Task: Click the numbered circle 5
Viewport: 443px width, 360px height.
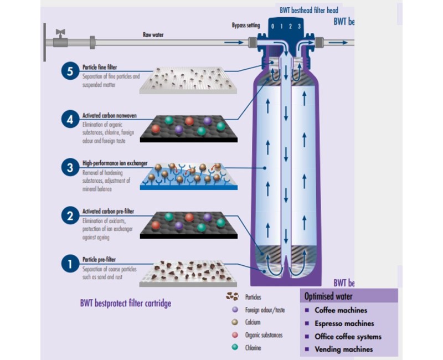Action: coord(70,73)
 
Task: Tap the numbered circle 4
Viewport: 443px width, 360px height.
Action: coord(70,119)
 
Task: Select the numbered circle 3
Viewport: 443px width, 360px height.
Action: coord(70,168)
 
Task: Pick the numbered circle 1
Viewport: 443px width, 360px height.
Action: coord(70,264)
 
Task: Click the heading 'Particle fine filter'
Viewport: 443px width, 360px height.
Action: coord(100,68)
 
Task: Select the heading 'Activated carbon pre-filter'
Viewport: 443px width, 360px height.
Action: coord(108,212)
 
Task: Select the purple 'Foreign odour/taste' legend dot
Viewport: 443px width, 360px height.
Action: coord(235,310)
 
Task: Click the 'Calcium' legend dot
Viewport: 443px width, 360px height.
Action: coord(235,322)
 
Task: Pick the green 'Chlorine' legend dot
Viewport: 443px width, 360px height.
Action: coord(235,348)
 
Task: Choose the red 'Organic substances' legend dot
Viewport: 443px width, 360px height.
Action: coord(235,335)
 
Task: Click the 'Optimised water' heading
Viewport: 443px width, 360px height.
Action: coord(329,296)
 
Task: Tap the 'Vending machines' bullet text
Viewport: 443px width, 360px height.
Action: coord(343,349)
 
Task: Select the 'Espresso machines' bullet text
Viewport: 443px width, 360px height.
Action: coord(344,323)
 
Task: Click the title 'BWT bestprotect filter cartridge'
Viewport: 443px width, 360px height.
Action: coord(126,303)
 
